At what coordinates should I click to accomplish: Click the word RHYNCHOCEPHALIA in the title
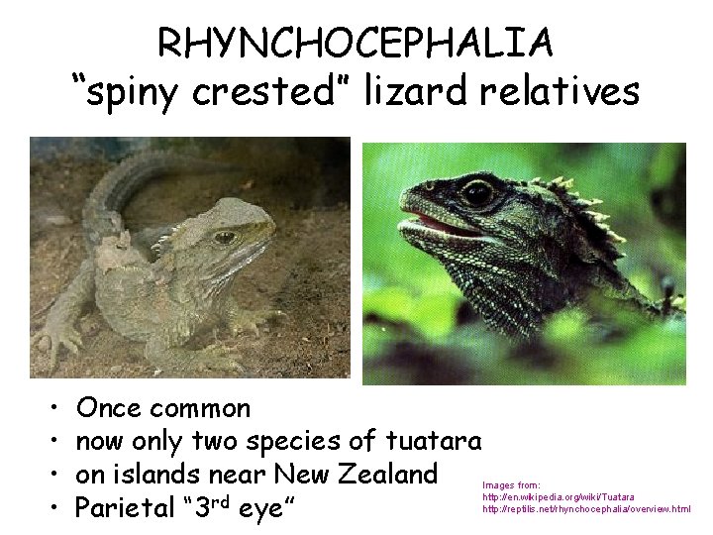coord(356,45)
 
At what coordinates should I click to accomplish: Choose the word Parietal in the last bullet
coord(126,510)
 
